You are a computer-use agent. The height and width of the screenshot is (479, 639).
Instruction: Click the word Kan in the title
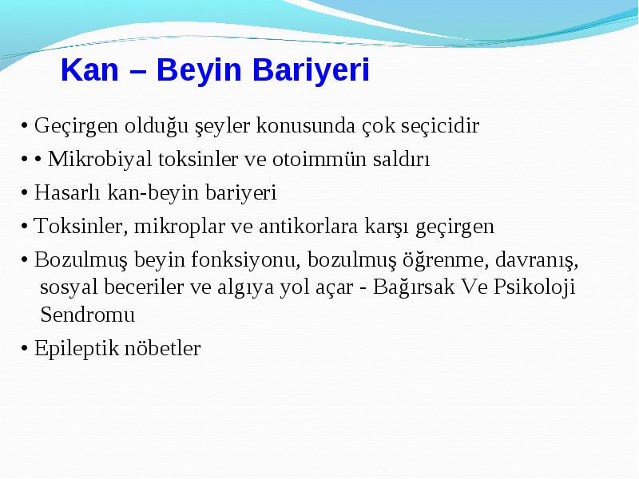89,69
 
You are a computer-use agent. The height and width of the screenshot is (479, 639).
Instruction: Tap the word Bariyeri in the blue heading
311,69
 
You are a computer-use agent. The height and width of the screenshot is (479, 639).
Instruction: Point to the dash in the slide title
137,72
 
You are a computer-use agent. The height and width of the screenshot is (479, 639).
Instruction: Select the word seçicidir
440,125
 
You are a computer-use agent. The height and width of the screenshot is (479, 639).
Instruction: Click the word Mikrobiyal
100,158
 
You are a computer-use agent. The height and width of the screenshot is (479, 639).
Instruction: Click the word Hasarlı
67,192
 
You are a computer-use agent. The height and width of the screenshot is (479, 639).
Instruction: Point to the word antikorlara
308,226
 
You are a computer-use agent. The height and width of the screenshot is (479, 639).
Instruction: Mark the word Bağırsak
413,287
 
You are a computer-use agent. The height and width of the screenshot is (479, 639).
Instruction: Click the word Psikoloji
534,287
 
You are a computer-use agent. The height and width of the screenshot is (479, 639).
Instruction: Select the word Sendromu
87,315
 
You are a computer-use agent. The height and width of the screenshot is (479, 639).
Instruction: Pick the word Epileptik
76,349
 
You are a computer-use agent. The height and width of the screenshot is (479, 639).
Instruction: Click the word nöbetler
162,348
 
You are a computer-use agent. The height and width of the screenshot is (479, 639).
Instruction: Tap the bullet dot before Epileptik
25,349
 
